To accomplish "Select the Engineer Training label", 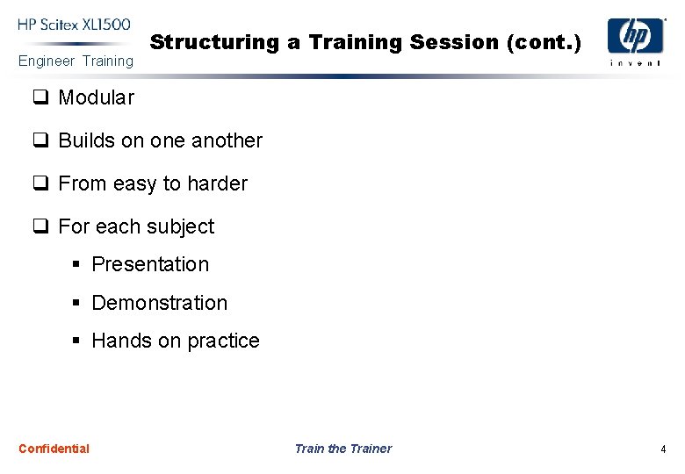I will tap(76, 61).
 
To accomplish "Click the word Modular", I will tap(96, 97).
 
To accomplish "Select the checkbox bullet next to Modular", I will tap(40, 97).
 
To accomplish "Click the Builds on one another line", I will tap(160, 140).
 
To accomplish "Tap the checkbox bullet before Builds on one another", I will tap(40, 140).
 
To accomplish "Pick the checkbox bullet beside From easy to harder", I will tap(40, 183).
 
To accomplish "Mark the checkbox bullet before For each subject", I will tap(40, 226).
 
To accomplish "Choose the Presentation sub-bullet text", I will tap(150, 264).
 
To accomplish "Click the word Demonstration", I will tap(159, 303).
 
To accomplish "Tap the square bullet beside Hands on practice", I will tap(76, 341).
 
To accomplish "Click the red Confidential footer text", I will tap(54, 449).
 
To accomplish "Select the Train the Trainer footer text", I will tap(342, 449).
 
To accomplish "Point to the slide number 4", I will tap(663, 449).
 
